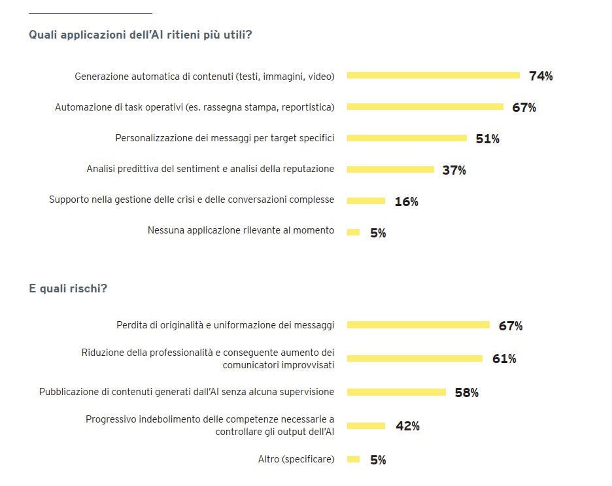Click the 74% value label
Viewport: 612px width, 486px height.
coord(541,76)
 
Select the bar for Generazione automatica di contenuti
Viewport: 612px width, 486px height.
coord(433,75)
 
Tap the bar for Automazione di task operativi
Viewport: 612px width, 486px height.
coord(425,107)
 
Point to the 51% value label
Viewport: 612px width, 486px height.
coord(487,139)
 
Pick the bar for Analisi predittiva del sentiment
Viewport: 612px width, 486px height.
coord(390,169)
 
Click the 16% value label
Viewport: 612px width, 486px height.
coord(406,201)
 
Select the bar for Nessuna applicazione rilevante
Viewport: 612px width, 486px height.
coord(353,232)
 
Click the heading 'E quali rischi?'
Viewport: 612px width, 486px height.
coord(68,288)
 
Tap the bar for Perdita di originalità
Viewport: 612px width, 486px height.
coord(418,325)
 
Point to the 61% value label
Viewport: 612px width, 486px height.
coord(504,358)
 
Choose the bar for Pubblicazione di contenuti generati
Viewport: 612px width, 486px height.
coord(396,392)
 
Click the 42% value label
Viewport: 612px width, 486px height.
coord(407,426)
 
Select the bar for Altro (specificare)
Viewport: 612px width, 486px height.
coord(353,459)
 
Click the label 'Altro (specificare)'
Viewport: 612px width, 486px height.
coord(296,459)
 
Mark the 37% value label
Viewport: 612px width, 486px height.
coord(454,170)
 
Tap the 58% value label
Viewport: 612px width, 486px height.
coord(467,392)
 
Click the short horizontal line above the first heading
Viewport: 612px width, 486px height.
coord(90,12)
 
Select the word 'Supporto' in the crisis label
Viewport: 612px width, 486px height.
coord(68,200)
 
